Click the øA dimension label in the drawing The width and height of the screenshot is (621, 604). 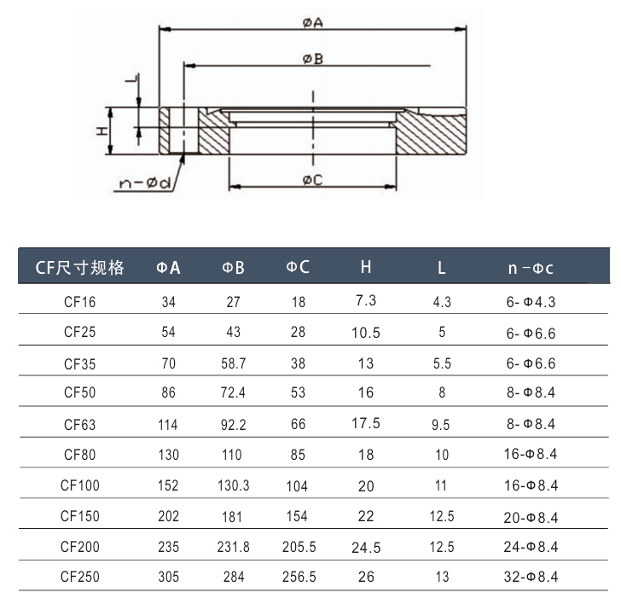coord(311,23)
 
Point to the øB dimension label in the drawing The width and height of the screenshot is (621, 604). coord(311,58)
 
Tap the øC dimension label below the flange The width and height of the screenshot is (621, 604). coord(312,179)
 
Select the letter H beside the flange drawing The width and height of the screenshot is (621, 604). coord(101,131)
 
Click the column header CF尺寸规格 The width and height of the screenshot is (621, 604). coord(80,268)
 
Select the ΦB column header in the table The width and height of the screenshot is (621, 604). coord(234,268)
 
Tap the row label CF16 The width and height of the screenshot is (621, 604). coord(80,302)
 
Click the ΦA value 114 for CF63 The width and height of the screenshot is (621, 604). coord(169,424)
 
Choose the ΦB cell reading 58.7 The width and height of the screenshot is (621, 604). coord(234,363)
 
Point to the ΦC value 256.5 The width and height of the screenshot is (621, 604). coord(298,577)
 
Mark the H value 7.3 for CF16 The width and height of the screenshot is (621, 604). coord(365,300)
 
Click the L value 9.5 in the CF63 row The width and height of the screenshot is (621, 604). coord(441,424)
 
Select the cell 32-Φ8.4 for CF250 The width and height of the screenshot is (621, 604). coord(530,577)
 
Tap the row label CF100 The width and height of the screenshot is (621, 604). coord(80,485)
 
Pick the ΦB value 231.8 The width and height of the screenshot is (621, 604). coord(234,547)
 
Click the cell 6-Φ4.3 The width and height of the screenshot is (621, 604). coord(530,302)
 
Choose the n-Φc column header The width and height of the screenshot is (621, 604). coord(530,268)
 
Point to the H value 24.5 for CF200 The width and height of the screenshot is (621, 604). coord(365,547)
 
